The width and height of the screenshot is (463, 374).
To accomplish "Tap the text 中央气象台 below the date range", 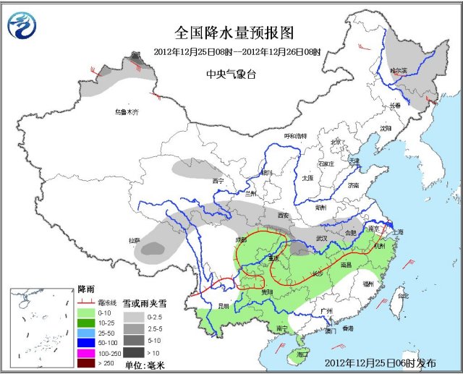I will pyautogui.click(x=231, y=74).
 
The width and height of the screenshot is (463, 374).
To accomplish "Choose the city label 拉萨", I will pyautogui.click(x=134, y=240).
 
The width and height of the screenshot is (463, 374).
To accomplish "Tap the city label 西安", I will pyautogui.click(x=282, y=216).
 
